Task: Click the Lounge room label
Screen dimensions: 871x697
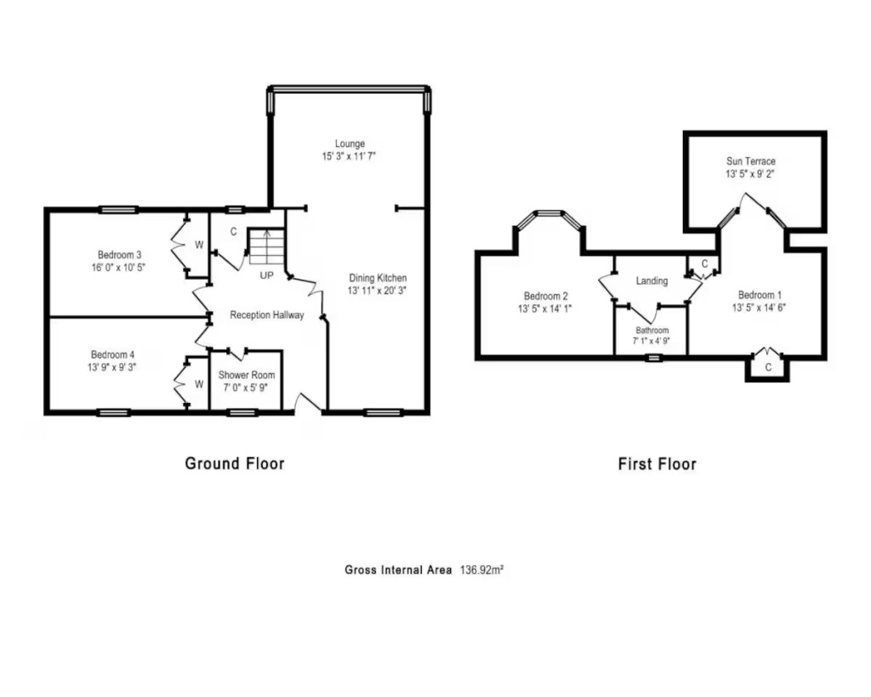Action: (x=350, y=144)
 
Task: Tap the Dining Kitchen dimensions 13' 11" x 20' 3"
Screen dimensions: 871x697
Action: (x=377, y=290)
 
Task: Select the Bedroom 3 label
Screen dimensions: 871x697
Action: (x=119, y=255)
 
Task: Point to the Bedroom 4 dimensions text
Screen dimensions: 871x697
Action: (x=112, y=367)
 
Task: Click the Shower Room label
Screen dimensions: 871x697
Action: (x=247, y=375)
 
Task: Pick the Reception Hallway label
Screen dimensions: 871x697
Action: (x=267, y=315)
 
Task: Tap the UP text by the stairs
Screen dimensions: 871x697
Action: (x=266, y=275)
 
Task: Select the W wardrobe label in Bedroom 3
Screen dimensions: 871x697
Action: (x=199, y=245)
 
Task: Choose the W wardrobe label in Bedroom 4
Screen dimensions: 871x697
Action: (x=199, y=384)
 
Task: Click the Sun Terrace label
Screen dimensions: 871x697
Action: (x=751, y=161)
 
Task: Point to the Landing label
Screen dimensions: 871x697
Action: (x=652, y=280)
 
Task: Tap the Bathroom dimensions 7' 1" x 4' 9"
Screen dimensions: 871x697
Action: (x=652, y=342)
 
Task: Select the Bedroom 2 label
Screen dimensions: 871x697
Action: (x=545, y=297)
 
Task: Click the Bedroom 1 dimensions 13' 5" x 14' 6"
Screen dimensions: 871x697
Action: (x=759, y=308)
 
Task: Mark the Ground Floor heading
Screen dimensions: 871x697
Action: (x=235, y=463)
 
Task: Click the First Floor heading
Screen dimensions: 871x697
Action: (x=658, y=464)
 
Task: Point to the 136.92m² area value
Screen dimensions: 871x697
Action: (x=481, y=569)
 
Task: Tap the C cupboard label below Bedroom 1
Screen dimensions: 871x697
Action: (x=768, y=367)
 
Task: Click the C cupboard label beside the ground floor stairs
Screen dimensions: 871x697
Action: (x=234, y=231)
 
